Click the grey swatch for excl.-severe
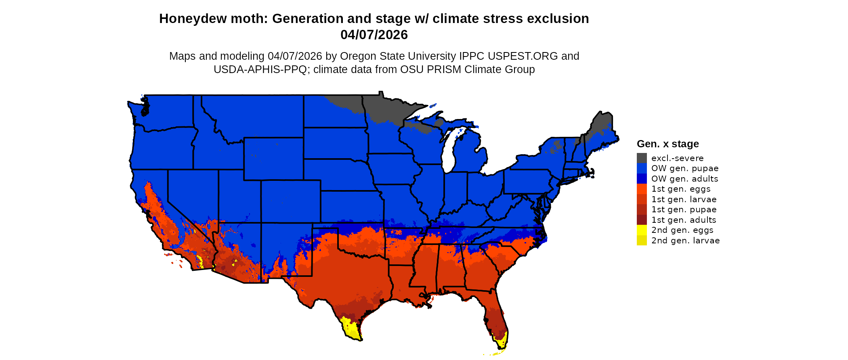[642, 158]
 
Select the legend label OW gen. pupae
[685, 168]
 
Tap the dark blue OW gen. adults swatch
[642, 179]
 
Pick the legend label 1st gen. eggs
[681, 189]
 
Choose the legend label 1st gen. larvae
[684, 199]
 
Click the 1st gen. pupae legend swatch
[642, 209]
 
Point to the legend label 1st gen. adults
[684, 220]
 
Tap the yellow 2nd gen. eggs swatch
[642, 230]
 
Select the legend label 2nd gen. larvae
[685, 241]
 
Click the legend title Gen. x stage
[667, 144]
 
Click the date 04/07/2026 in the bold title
[374, 35]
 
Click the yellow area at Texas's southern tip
[351, 329]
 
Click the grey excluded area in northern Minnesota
[384, 107]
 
